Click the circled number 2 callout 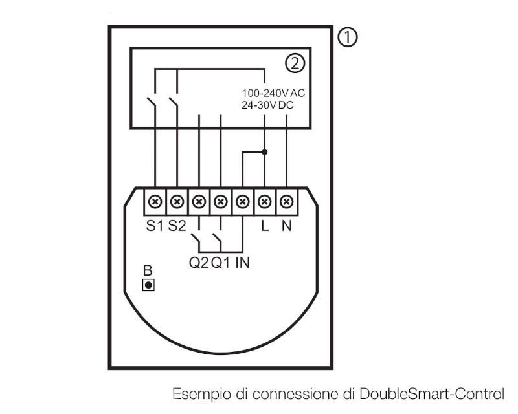(x=294, y=63)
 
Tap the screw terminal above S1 (x=155, y=202)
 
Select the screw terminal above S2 (x=177, y=202)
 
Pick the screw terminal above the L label (x=264, y=202)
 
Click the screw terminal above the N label (x=286, y=202)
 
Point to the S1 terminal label (x=155, y=226)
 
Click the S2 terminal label (x=177, y=226)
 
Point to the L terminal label (x=264, y=226)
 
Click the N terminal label (x=286, y=226)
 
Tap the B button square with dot (x=148, y=284)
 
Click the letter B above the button (x=147, y=270)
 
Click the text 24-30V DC (x=267, y=104)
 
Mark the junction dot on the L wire (x=264, y=153)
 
